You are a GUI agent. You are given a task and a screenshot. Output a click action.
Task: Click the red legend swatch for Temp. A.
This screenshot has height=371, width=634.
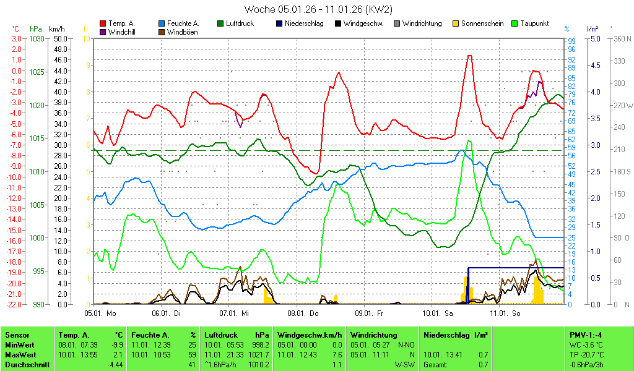point(103,24)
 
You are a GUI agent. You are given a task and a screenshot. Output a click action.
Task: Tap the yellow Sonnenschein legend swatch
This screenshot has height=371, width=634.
point(456,24)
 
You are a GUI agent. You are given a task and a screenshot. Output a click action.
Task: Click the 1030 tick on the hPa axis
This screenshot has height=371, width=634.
point(37,38)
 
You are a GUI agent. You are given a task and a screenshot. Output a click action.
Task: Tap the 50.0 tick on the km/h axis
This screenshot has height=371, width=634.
point(60,38)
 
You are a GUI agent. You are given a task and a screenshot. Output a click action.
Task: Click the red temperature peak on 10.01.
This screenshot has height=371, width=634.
point(470,56)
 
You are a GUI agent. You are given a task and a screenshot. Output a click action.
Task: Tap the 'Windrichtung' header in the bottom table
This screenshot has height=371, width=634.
point(373,335)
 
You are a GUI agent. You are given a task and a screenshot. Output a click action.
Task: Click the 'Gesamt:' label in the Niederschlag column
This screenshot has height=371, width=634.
point(435,365)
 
